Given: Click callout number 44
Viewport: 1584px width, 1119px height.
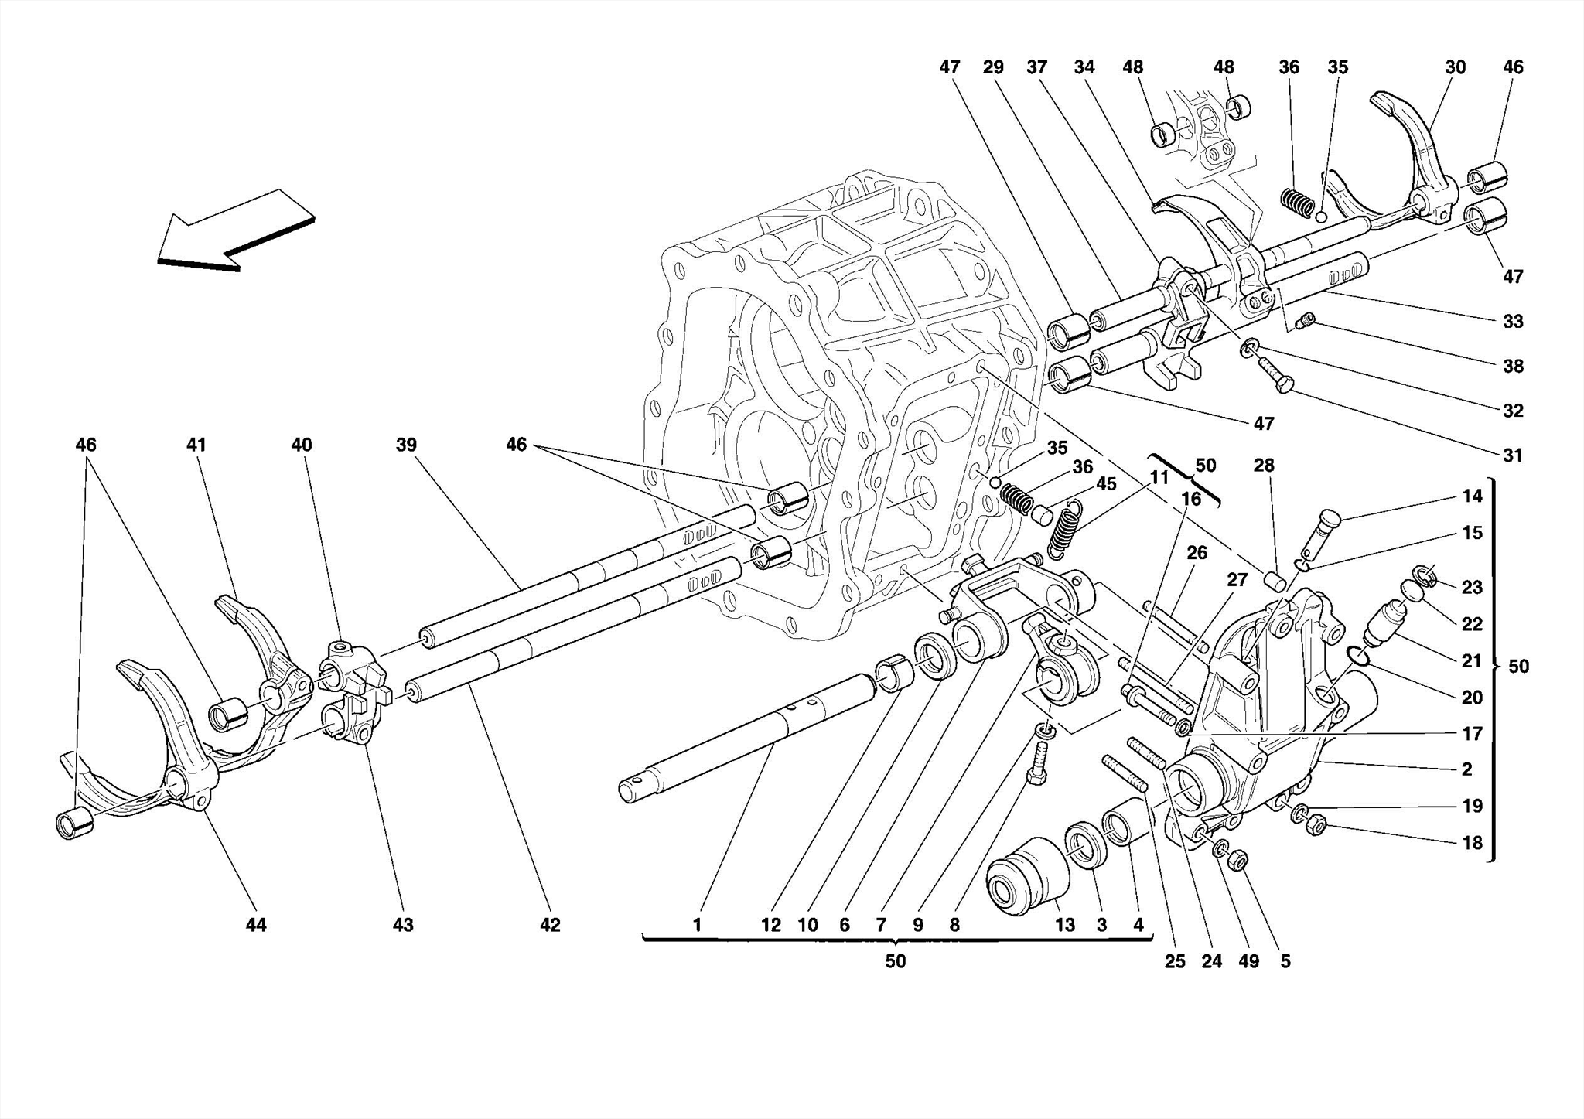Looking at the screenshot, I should pyautogui.click(x=256, y=924).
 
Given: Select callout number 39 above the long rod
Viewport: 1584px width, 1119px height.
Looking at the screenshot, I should pyautogui.click(x=406, y=445).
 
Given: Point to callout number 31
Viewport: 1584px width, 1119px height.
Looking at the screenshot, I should pyautogui.click(x=1512, y=455).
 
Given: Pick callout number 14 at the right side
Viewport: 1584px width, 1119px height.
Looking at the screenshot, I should pyautogui.click(x=1472, y=496).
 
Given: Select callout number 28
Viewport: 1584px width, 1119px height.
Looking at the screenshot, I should pyautogui.click(x=1264, y=466).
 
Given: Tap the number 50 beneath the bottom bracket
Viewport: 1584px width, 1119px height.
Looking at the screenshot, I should pyautogui.click(x=895, y=961).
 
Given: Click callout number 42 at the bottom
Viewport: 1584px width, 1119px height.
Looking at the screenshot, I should pyautogui.click(x=550, y=924).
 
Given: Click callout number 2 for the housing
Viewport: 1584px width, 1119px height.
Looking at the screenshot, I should pyautogui.click(x=1466, y=769).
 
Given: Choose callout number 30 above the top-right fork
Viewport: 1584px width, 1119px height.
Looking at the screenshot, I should pyautogui.click(x=1455, y=67).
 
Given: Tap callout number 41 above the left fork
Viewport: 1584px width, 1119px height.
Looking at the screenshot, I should pyautogui.click(x=196, y=445).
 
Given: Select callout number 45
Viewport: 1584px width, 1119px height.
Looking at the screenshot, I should pyautogui.click(x=1106, y=483).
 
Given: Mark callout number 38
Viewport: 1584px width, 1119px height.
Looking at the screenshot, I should pyautogui.click(x=1512, y=366).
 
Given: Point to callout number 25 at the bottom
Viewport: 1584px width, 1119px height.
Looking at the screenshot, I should pyautogui.click(x=1174, y=961).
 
